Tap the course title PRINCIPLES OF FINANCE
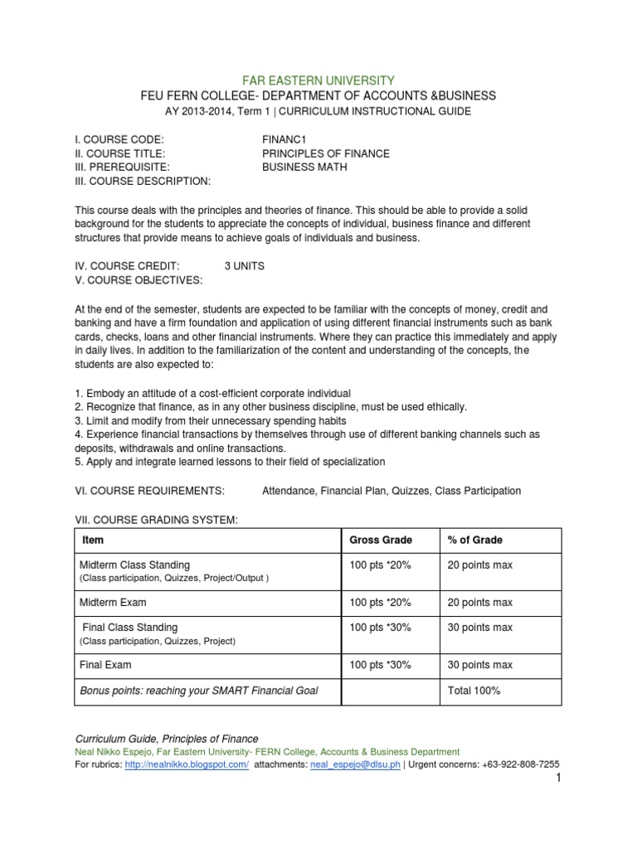click(x=325, y=153)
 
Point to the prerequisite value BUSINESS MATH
click(x=304, y=167)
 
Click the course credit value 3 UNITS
click(x=245, y=266)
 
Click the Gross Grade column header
click(x=381, y=540)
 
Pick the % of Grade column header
click(x=474, y=540)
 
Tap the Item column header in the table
click(x=93, y=540)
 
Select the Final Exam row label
click(x=105, y=665)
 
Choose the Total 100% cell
click(x=474, y=691)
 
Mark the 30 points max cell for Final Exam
click(x=480, y=665)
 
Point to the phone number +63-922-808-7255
click(x=513, y=764)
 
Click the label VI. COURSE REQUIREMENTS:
click(x=150, y=491)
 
